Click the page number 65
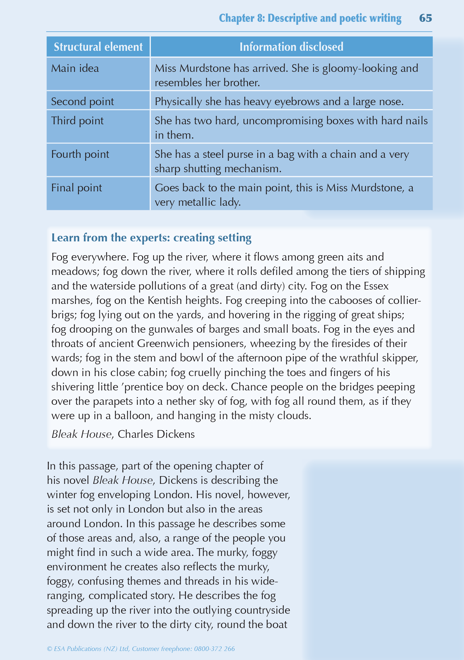(425, 18)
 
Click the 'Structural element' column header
(98, 47)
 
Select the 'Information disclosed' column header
(291, 47)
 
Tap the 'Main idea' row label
(75, 68)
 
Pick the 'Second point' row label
(82, 101)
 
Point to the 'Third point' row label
(77, 121)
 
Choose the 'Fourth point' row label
(80, 154)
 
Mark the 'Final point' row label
(76, 188)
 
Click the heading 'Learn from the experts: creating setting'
(151, 238)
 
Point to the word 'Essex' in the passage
(376, 286)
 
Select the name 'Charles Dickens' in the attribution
(156, 434)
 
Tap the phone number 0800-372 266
(214, 649)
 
